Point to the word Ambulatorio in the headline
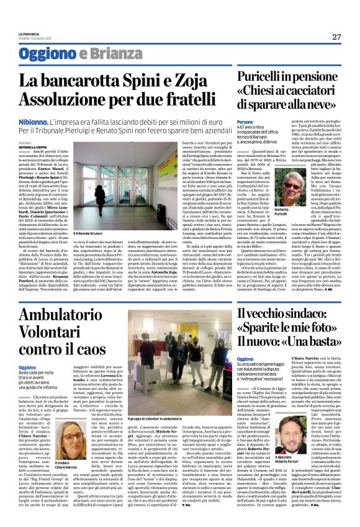pyautogui.click(x=62, y=314)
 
